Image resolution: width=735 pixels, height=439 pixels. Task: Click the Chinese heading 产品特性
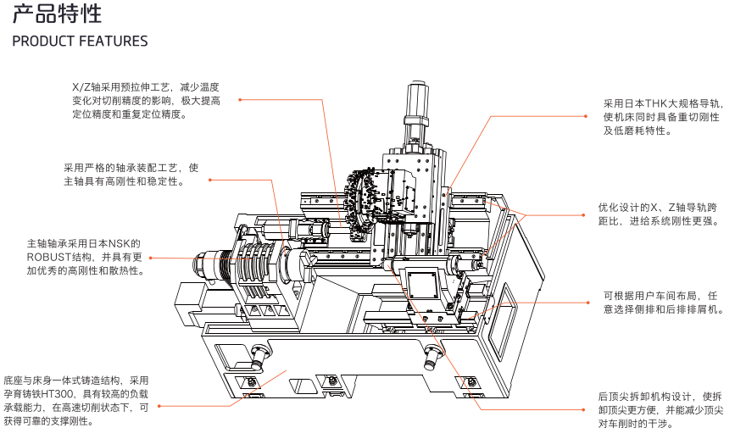(58, 14)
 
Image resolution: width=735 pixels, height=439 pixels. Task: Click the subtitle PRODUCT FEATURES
(80, 42)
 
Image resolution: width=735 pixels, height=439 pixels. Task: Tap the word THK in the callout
(657, 103)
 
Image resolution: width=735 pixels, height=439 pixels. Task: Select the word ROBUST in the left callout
(49, 257)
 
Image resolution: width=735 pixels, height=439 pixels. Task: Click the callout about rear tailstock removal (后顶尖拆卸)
(660, 408)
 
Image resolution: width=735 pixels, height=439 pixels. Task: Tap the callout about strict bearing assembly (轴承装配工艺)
(131, 174)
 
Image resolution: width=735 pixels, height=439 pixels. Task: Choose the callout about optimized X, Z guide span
(658, 214)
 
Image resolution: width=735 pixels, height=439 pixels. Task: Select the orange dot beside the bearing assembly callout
(209, 180)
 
